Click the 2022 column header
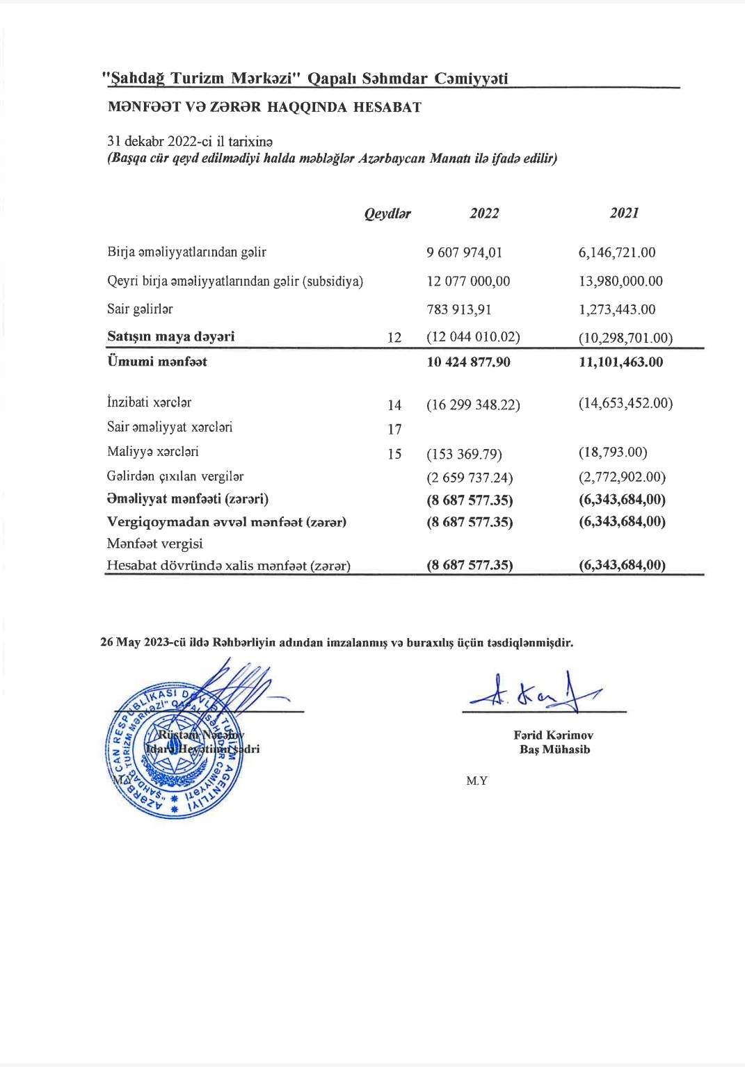pos(484,213)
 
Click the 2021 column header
pos(624,213)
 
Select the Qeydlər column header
pos(387,214)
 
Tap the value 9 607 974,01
pos(464,252)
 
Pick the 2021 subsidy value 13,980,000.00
pos(620,282)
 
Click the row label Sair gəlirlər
pos(140,309)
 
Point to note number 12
pos(394,338)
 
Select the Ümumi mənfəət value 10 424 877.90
pos(468,362)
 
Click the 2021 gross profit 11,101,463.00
pos(620,362)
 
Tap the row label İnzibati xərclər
pos(149,402)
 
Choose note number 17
pos(394,430)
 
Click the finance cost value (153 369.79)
pos(464,455)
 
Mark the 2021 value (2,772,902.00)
pos(622,478)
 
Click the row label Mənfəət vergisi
pos(154,544)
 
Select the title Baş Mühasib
pos(554,749)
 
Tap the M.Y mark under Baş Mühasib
pos(476,781)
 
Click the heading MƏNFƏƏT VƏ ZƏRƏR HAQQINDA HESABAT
pos(264,108)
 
